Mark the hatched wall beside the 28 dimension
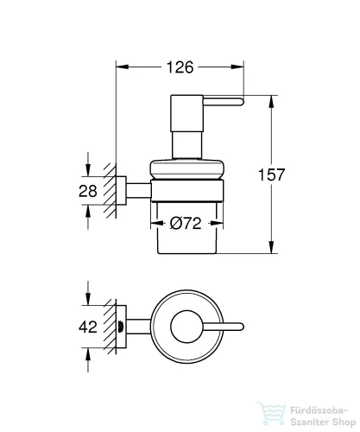109,189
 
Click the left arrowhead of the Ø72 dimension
155,222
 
